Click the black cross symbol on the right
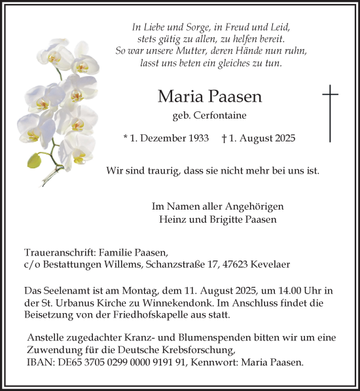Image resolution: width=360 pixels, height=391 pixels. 331,113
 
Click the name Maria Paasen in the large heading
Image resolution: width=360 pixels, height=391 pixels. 209,97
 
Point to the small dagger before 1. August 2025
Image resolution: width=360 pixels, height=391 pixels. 225,138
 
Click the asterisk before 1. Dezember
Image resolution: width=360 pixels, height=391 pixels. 126,138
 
